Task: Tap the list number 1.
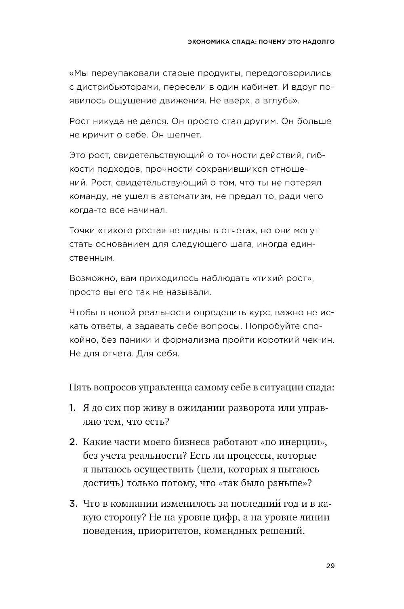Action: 72,408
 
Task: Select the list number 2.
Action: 73,442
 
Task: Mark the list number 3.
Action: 73,504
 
